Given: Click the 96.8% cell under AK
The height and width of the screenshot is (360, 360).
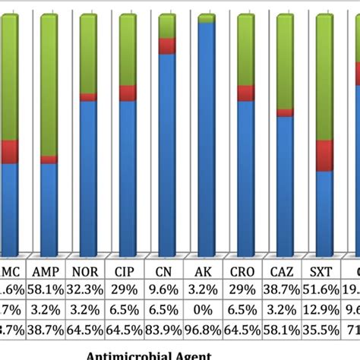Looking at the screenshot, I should coord(207,328).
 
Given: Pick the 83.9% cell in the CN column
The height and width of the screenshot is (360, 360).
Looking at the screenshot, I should coord(167,328).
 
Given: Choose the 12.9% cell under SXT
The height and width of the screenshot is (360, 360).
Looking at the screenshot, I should coord(325,308).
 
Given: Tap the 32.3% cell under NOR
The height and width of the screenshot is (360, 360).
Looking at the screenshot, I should coord(87,289).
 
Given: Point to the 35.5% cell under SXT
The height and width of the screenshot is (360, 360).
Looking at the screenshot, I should coord(325,328).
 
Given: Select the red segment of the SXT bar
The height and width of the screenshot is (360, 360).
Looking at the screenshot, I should coord(325,156).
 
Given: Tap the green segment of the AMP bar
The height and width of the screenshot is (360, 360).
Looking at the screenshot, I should coord(49,84).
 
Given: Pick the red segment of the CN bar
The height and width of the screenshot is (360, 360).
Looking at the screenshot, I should coord(167,46).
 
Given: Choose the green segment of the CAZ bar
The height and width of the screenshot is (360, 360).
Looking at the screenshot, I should coord(286,61).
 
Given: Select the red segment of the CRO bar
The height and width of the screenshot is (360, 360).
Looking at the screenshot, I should coord(246,93).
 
